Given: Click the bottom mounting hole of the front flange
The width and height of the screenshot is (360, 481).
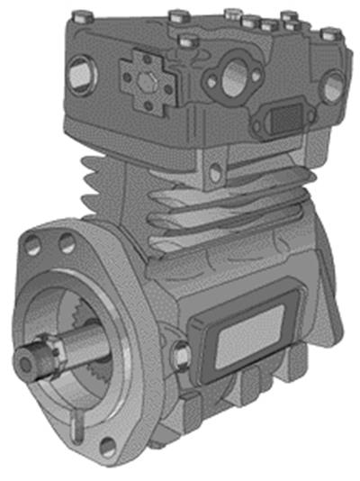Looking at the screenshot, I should point(108,443).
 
